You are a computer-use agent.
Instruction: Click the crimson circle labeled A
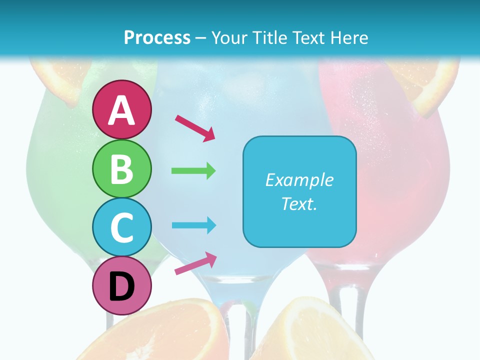(122, 109)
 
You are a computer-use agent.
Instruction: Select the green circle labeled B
(122, 168)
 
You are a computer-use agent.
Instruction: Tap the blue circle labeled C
(122, 227)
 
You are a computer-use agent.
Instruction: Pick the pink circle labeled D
(122, 286)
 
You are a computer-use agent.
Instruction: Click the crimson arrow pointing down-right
(195, 127)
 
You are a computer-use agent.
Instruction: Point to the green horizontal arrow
(193, 171)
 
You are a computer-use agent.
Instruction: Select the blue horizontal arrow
(193, 225)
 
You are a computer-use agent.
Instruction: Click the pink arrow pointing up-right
(195, 263)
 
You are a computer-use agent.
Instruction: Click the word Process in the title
(157, 37)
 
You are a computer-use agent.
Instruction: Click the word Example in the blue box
(299, 180)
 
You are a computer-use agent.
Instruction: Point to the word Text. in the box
(299, 203)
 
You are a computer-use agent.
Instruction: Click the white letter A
(122, 110)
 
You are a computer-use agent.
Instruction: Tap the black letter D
(122, 287)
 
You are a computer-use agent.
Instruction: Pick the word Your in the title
(230, 37)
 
